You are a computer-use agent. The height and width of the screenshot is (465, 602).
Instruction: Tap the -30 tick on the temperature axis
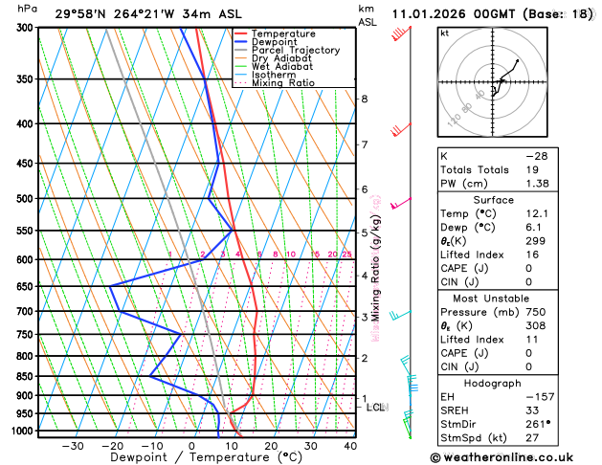point(72,446)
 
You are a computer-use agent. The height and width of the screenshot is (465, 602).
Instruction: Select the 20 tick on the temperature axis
point(271,446)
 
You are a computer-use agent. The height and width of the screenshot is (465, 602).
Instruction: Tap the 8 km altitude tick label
point(364,99)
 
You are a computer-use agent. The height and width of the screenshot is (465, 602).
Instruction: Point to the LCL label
point(375,408)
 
